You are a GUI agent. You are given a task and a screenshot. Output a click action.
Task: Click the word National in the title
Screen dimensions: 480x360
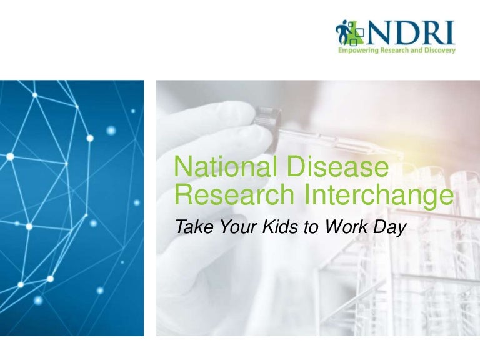(226, 166)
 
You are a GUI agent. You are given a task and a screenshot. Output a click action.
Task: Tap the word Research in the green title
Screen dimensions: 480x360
(234, 194)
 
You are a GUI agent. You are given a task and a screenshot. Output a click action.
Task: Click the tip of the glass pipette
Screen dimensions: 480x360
(402, 156)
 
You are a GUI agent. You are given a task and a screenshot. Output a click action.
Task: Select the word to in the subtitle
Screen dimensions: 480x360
(311, 227)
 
